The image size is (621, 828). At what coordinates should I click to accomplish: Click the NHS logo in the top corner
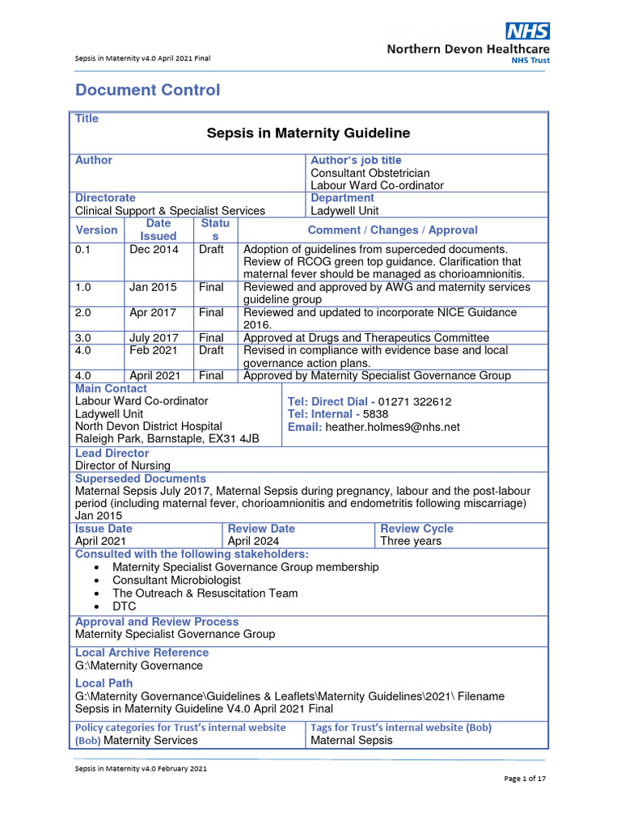pos(527,32)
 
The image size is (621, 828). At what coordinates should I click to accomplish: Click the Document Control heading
pos(147,90)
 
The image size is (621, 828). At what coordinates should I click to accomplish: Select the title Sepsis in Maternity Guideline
pos(308,133)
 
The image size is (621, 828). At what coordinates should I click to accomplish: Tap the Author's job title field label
pos(356,160)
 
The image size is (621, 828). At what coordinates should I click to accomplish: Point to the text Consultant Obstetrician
pos(370,173)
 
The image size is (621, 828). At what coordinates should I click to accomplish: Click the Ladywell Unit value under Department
pos(344,211)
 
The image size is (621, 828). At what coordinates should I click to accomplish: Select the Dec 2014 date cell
pos(154,250)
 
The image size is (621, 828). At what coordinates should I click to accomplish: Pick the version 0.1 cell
pos(84,250)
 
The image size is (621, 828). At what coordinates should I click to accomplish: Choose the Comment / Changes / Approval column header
pos(392,230)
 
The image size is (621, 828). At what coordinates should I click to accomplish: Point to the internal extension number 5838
pos(376,414)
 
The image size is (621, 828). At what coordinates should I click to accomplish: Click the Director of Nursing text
pos(123,466)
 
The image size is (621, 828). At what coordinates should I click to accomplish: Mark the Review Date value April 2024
pos(253,541)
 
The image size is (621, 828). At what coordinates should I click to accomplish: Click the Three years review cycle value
pos(411,541)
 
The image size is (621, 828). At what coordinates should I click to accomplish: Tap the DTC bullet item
pos(125,606)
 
